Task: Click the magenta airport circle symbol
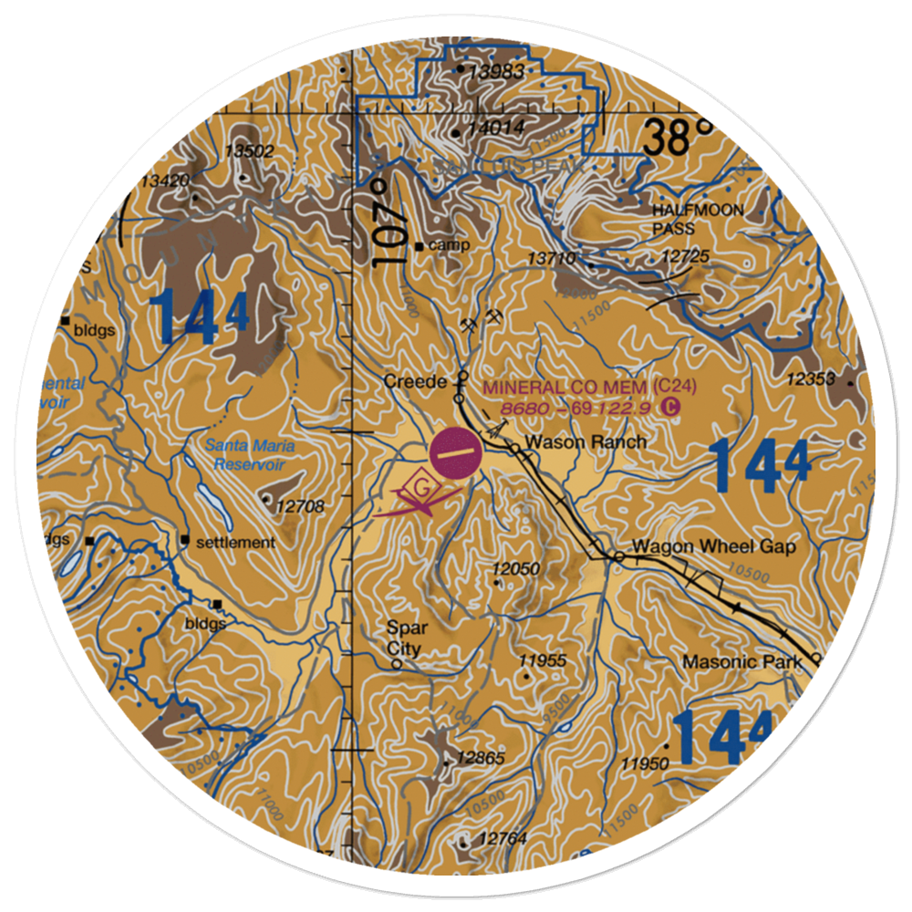coord(455,452)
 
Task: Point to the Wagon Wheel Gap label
coord(714,547)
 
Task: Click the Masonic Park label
coord(741,661)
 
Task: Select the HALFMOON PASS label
coord(698,219)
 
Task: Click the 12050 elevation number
coord(516,569)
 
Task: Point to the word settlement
coord(234,543)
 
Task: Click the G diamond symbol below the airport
coord(420,486)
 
